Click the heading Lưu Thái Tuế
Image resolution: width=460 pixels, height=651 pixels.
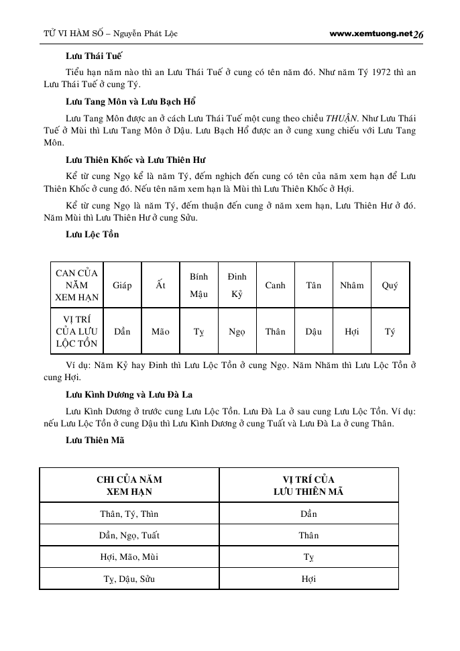click(93, 56)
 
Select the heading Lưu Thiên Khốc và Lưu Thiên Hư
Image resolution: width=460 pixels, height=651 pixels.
click(135, 160)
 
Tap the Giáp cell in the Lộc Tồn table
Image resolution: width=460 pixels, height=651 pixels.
click(123, 285)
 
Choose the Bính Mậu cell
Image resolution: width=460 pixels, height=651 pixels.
click(198, 285)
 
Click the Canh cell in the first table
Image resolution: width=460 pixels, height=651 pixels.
click(275, 285)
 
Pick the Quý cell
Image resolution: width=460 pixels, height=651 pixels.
click(390, 285)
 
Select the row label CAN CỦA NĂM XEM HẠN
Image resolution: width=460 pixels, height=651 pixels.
click(76, 285)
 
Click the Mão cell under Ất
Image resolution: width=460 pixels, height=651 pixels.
click(160, 331)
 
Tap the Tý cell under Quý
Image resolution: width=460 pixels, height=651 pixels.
click(390, 331)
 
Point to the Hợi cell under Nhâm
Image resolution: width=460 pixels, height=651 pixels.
click(351, 331)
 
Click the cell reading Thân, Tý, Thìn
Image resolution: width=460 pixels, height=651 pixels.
click(129, 514)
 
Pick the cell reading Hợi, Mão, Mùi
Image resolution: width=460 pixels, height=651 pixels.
click(129, 556)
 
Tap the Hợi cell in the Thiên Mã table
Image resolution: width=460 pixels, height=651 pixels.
click(308, 579)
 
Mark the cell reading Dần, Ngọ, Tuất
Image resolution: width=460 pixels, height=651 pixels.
click(129, 536)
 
